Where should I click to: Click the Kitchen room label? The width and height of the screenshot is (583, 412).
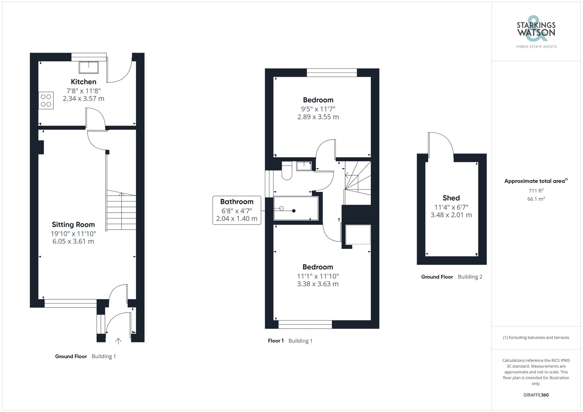(x=83, y=82)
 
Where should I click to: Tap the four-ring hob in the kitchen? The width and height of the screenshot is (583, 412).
(x=46, y=100)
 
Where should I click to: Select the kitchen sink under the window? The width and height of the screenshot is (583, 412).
(x=89, y=67)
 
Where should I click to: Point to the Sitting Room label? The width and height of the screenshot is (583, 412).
(x=73, y=224)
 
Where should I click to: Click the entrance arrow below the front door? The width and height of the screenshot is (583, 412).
(x=118, y=341)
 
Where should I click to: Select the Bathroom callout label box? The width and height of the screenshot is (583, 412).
(x=237, y=210)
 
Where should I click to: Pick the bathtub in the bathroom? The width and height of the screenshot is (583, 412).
(x=296, y=208)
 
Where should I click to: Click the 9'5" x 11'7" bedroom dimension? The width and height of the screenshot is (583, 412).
(x=318, y=109)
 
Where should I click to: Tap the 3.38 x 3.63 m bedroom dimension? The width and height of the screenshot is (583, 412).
(x=318, y=284)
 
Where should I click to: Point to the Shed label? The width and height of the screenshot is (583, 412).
(x=451, y=198)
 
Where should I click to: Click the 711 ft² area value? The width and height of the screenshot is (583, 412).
(x=536, y=191)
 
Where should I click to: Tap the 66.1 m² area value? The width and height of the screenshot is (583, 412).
(x=536, y=199)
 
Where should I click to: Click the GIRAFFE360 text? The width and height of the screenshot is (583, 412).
(x=536, y=395)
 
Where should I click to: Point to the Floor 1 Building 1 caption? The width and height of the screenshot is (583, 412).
(x=290, y=341)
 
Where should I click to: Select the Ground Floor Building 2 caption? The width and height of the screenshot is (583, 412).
(x=452, y=277)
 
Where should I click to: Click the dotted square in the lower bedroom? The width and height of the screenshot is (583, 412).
(x=358, y=234)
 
